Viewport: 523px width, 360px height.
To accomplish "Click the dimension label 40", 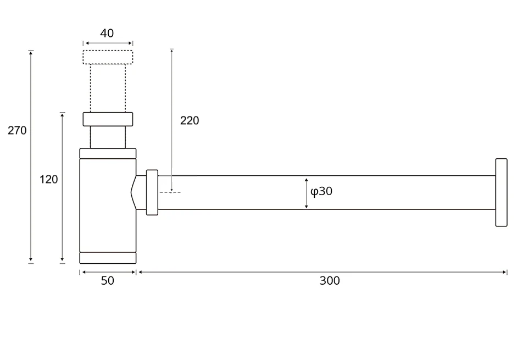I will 107,33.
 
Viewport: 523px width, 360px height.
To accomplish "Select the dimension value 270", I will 17,130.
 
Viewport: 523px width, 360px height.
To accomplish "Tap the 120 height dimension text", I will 49,179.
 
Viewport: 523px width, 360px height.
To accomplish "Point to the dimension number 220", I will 190,120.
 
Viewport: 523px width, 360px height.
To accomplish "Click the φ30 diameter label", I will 321,191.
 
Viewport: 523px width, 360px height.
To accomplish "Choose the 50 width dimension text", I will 108,281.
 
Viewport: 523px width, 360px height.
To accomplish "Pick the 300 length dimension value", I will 330,281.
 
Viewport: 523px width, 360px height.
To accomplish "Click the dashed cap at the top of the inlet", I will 108,58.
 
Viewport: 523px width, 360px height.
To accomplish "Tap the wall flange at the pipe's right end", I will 501,192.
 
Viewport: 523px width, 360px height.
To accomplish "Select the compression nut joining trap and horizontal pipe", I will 152,192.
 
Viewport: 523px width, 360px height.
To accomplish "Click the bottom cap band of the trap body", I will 108,258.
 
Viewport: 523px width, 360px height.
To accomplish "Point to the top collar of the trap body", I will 108,153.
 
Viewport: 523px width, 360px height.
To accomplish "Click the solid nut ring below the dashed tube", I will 108,119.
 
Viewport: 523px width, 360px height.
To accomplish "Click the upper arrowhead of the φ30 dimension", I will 307,179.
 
